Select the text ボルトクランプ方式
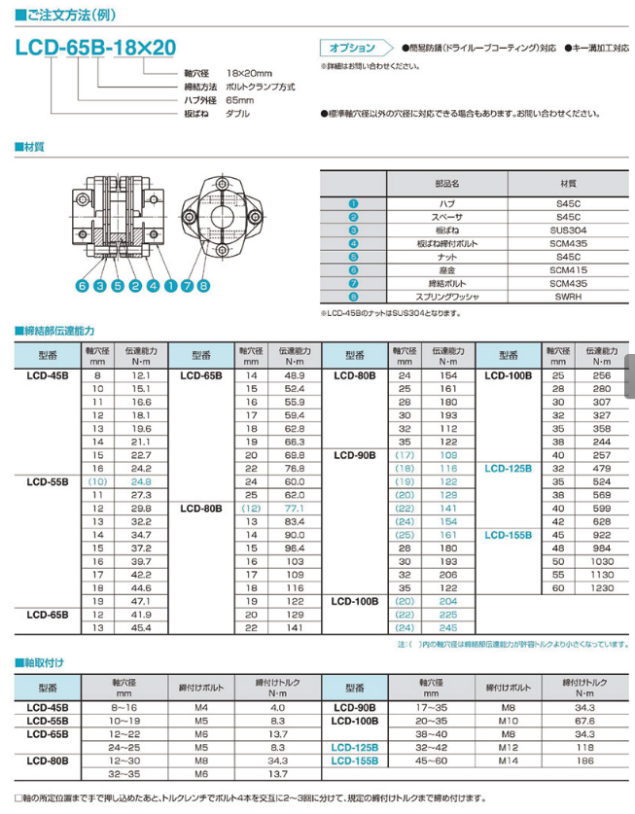click(260, 87)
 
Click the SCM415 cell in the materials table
click(568, 269)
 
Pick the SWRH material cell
click(568, 297)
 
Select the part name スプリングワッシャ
click(447, 297)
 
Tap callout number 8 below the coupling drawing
click(203, 286)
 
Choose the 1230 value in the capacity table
click(602, 586)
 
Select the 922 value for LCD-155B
click(602, 535)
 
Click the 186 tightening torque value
click(584, 760)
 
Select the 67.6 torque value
click(584, 721)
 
